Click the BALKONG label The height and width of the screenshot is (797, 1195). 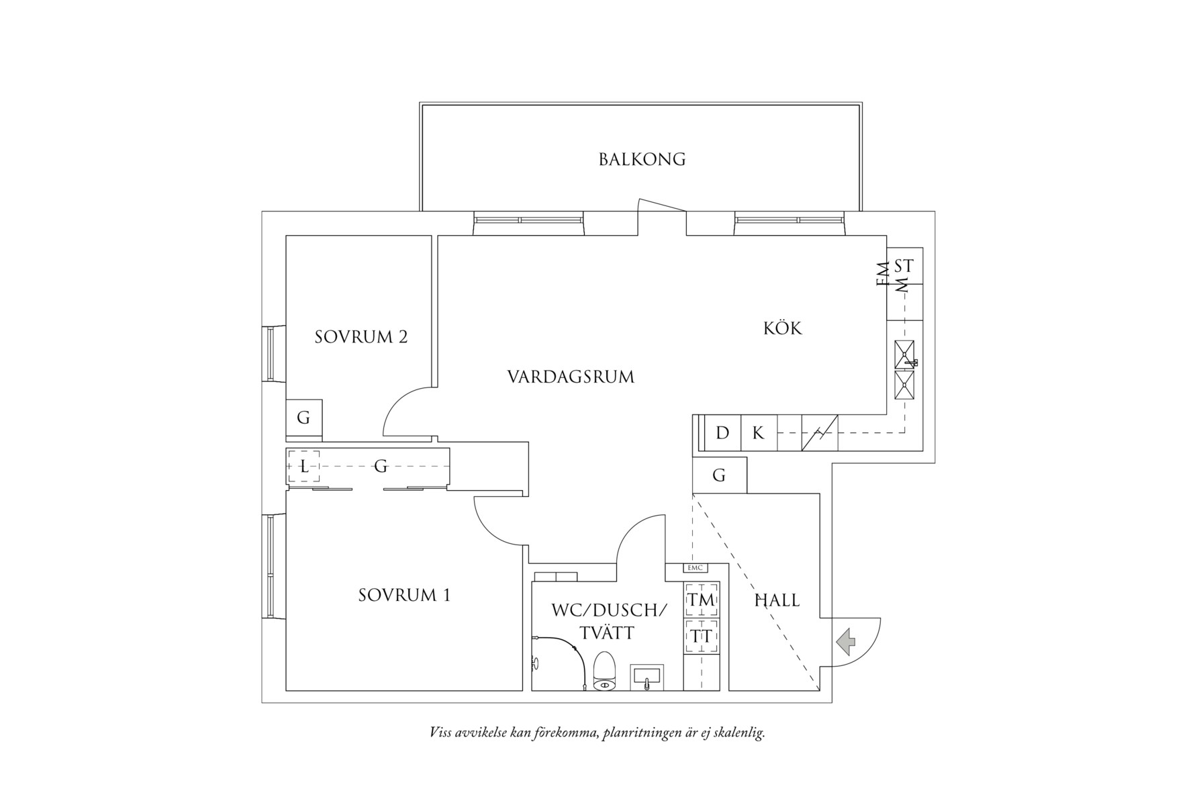click(x=642, y=160)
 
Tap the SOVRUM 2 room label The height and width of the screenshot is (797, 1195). click(x=361, y=337)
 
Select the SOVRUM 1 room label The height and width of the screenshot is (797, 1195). click(x=404, y=596)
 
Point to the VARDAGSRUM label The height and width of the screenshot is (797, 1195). click(x=571, y=377)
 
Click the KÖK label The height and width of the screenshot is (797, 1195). click(x=783, y=328)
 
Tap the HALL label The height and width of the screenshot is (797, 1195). click(x=777, y=600)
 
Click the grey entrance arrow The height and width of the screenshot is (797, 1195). click(x=847, y=641)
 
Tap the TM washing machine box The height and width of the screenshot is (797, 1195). click(x=702, y=600)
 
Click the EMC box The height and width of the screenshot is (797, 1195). click(x=695, y=568)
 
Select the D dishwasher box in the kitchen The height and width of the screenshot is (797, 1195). click(x=722, y=433)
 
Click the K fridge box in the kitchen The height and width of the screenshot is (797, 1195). click(x=758, y=433)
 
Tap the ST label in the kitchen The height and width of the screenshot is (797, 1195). click(x=904, y=266)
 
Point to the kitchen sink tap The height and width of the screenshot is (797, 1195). click(x=912, y=363)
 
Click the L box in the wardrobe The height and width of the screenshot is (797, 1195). click(x=304, y=466)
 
